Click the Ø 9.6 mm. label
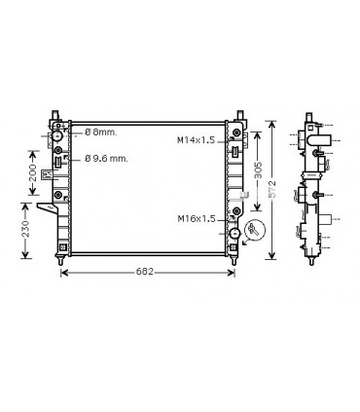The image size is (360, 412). tap(107, 159)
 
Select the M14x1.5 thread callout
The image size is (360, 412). tap(196, 140)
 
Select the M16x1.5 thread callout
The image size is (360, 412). tap(196, 218)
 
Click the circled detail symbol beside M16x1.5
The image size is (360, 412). tap(256, 230)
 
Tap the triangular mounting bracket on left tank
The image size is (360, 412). tap(43, 208)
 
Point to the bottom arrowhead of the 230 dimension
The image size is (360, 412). tap(26, 259)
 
